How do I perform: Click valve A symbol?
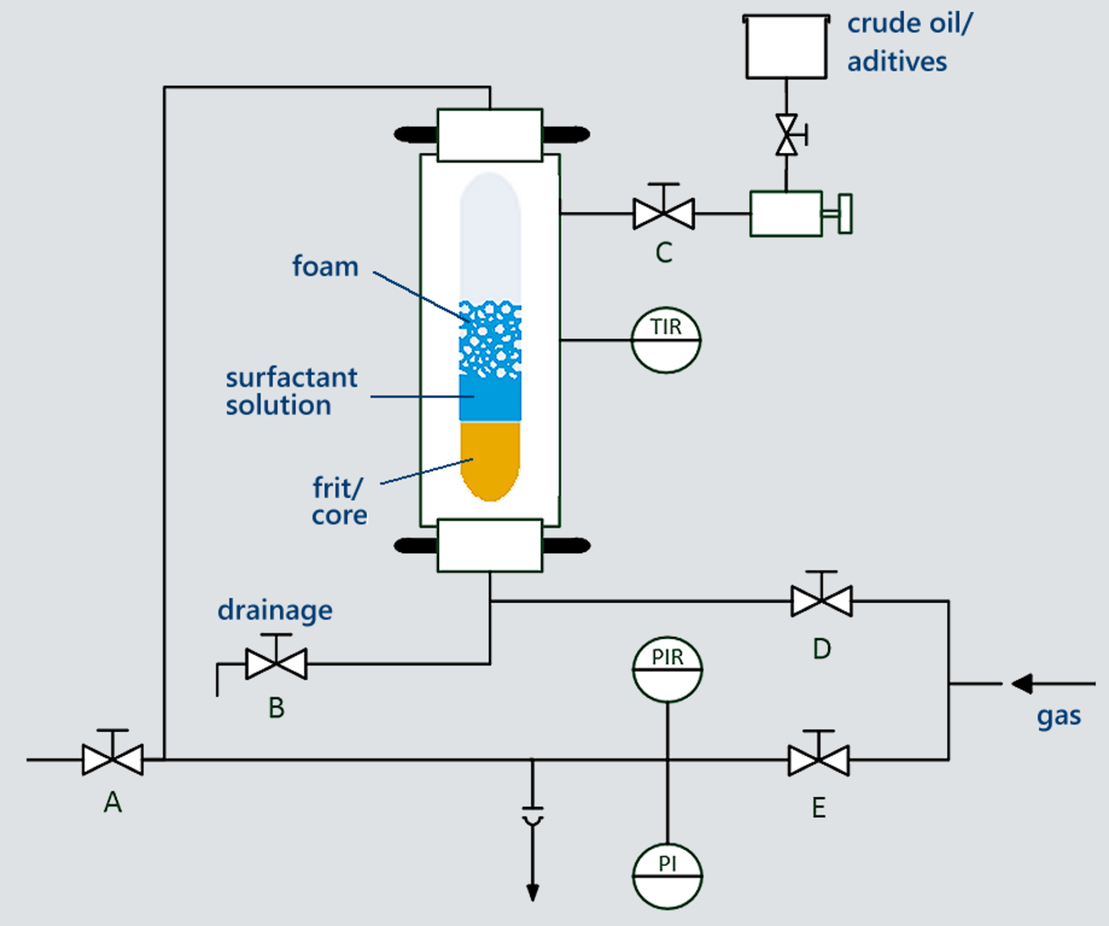click(x=113, y=759)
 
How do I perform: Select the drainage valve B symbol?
click(x=276, y=663)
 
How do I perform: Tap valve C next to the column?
click(x=664, y=214)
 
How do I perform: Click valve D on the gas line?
click(x=821, y=601)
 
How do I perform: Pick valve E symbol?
click(x=818, y=760)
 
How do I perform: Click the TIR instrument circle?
click(x=666, y=340)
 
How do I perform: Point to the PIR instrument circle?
click(x=667, y=670)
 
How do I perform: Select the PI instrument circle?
click(x=667, y=876)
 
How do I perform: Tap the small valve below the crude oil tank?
click(x=787, y=135)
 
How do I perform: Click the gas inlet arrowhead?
click(x=1021, y=684)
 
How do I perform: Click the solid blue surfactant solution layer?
click(x=490, y=398)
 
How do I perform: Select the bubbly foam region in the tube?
click(x=490, y=338)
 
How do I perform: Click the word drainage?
click(x=275, y=611)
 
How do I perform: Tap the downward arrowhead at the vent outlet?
click(x=533, y=892)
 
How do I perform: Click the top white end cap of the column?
click(x=490, y=135)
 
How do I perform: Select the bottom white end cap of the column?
click(x=490, y=546)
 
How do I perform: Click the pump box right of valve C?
click(x=786, y=214)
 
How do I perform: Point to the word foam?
click(x=325, y=267)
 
